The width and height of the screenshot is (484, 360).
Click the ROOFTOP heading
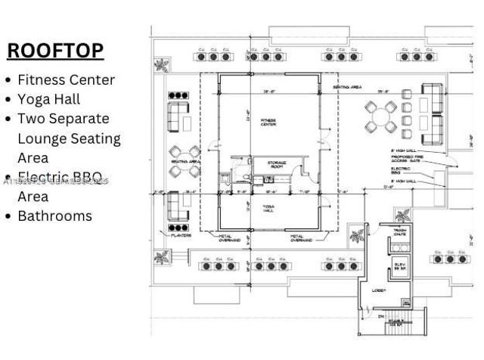(x=55, y=51)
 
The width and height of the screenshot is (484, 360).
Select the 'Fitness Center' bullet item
(x=66, y=79)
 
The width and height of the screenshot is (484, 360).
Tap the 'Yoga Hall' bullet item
(x=48, y=99)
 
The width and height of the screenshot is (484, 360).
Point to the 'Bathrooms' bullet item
(x=54, y=216)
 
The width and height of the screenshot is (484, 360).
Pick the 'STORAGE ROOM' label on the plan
(x=275, y=165)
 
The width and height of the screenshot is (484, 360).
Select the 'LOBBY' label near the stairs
(x=379, y=290)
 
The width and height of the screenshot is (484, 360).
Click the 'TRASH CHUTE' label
(x=400, y=232)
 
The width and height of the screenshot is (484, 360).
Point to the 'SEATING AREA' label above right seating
(x=347, y=87)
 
